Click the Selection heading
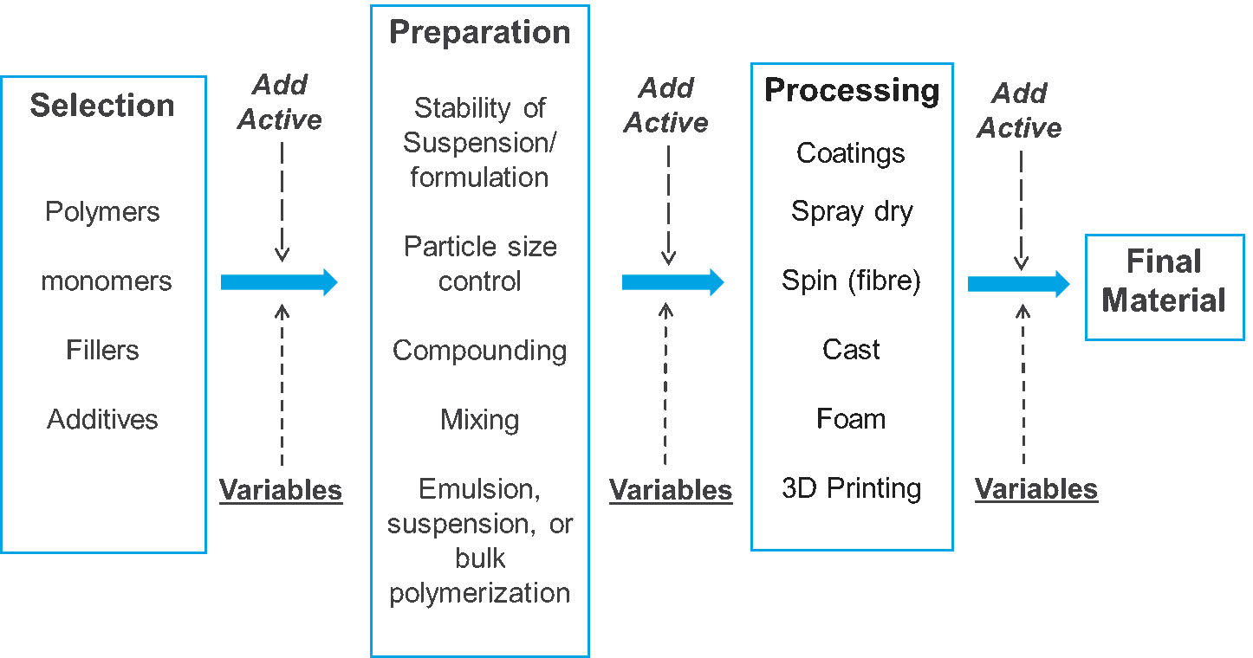(102, 106)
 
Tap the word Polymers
(102, 212)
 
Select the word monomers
(106, 281)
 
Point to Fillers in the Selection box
(102, 351)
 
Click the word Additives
(102, 420)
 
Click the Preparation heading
(479, 32)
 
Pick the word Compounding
(479, 351)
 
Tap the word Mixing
(479, 420)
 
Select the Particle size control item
(479, 264)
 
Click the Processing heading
(852, 90)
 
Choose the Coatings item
(851, 153)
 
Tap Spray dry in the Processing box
(852, 212)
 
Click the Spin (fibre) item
(851, 281)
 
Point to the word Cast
(851, 350)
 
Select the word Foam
(851, 419)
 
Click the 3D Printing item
(851, 488)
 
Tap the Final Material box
(1164, 281)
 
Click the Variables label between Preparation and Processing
(671, 490)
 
